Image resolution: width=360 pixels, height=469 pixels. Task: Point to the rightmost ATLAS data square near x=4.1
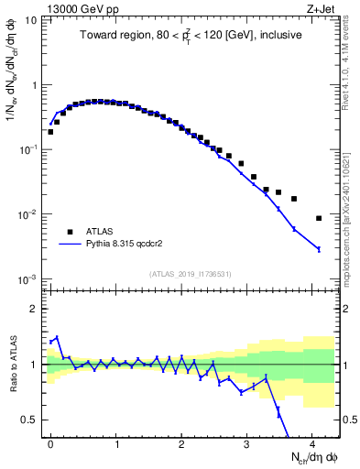click(x=319, y=218)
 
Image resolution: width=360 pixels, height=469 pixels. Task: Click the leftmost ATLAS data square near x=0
click(x=50, y=132)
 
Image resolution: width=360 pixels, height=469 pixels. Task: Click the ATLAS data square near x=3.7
click(x=294, y=199)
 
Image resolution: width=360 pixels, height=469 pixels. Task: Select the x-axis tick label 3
click(x=246, y=442)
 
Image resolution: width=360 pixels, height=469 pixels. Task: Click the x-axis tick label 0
click(x=50, y=442)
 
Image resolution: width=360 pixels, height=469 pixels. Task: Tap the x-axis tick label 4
click(x=311, y=442)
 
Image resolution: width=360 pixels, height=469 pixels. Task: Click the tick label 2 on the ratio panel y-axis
click(x=37, y=309)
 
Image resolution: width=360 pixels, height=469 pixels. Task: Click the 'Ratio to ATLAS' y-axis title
click(x=12, y=364)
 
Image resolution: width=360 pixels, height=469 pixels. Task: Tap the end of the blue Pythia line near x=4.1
click(x=319, y=249)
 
